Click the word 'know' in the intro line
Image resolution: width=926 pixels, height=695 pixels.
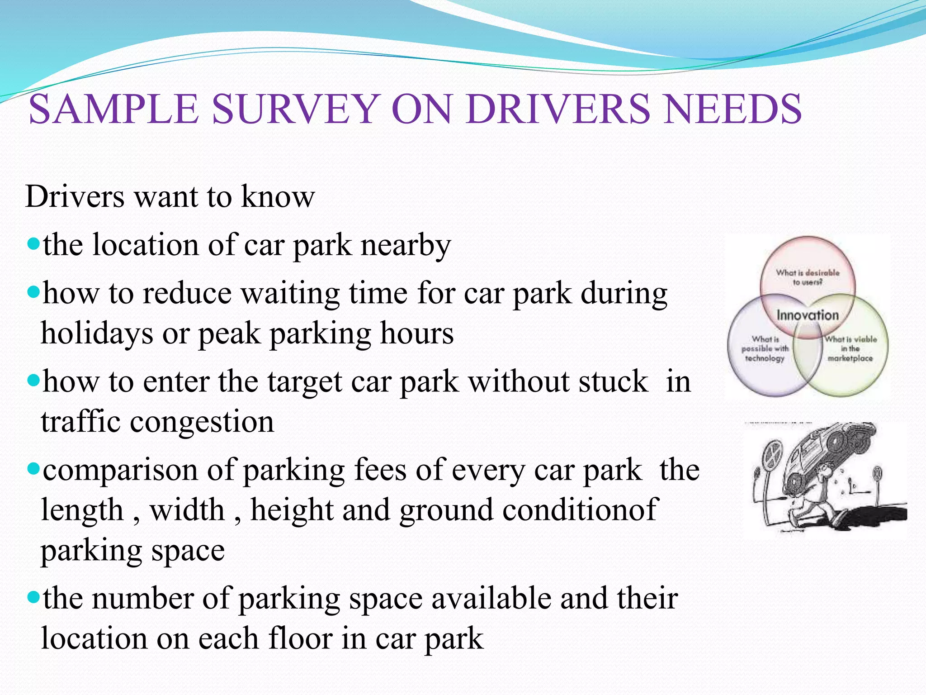pos(278,197)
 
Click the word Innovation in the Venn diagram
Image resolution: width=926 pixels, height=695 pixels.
pos(808,315)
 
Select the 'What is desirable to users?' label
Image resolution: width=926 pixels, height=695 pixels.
pos(808,277)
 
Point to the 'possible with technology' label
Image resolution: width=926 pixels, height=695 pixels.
pos(765,349)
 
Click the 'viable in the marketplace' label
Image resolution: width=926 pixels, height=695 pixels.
pos(850,349)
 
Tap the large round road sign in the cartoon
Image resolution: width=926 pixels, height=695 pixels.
pos(772,454)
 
